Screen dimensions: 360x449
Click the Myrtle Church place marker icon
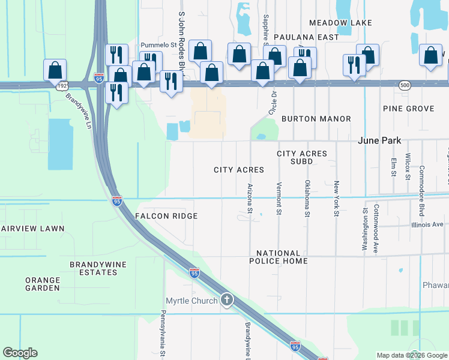click(x=226, y=299)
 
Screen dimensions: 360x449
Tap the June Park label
click(x=381, y=140)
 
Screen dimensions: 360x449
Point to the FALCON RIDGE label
click(x=166, y=216)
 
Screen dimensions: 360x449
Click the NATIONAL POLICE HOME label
click(x=279, y=257)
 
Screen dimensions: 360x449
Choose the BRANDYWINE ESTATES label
click(x=94, y=268)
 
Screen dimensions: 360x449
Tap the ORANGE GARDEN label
click(x=43, y=284)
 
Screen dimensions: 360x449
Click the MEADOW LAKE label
click(x=340, y=23)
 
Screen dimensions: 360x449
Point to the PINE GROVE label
click(x=408, y=109)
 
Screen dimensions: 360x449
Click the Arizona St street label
click(x=250, y=198)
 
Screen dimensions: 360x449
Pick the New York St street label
click(x=337, y=198)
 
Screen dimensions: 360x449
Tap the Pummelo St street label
click(x=157, y=45)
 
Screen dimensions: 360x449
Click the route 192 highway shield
click(x=62, y=86)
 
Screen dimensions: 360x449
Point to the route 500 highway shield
click(x=405, y=86)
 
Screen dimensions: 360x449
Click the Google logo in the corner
click(x=20, y=353)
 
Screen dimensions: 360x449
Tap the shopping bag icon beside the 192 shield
click(x=55, y=70)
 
